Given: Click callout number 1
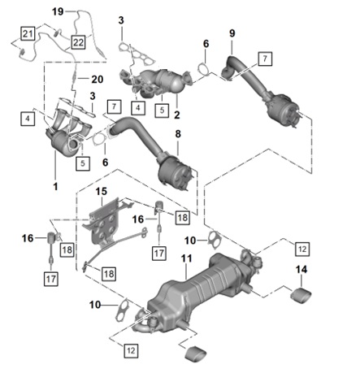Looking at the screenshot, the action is [x=55, y=186].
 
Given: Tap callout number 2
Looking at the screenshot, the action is [x=177, y=115].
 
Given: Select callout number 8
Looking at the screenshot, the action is [x=178, y=134].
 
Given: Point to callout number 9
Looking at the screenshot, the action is [x=232, y=33].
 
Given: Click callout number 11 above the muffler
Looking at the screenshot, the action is [x=186, y=258].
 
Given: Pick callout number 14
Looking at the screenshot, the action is [x=301, y=269].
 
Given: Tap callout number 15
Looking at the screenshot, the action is [x=102, y=192].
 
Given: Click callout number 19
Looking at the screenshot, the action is [x=58, y=11].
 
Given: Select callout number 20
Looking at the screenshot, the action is [x=98, y=79].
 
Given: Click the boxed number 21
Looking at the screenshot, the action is [x=28, y=33].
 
